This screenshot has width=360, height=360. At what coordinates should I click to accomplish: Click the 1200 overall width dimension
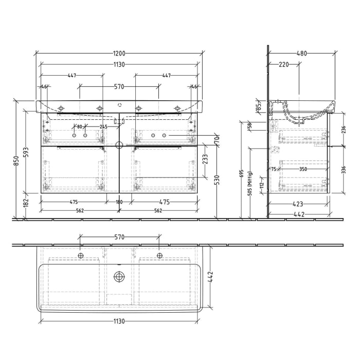[x=119, y=53]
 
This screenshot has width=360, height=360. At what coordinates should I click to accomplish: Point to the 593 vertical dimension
[x=27, y=153]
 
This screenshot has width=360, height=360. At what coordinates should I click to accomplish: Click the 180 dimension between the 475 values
[x=119, y=202]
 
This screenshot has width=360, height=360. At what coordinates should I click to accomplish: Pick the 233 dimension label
[x=206, y=159]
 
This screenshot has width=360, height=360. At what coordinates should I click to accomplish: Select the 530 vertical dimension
[x=217, y=179]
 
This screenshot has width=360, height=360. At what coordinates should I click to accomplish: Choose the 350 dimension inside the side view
[x=303, y=168]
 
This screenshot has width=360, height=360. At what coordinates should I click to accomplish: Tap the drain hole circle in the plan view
[x=119, y=277]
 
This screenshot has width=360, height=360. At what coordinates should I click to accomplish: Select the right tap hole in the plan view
[x=159, y=255]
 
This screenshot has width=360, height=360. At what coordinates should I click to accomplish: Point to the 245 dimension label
[x=103, y=127]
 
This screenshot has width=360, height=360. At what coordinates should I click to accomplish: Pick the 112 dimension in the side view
[x=262, y=184]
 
